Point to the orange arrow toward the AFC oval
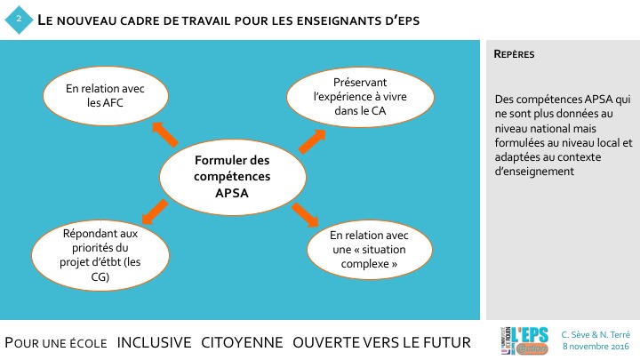point(165,132)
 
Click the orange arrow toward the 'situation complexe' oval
point(305,214)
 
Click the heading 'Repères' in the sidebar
point(514,54)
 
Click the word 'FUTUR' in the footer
point(444,342)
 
